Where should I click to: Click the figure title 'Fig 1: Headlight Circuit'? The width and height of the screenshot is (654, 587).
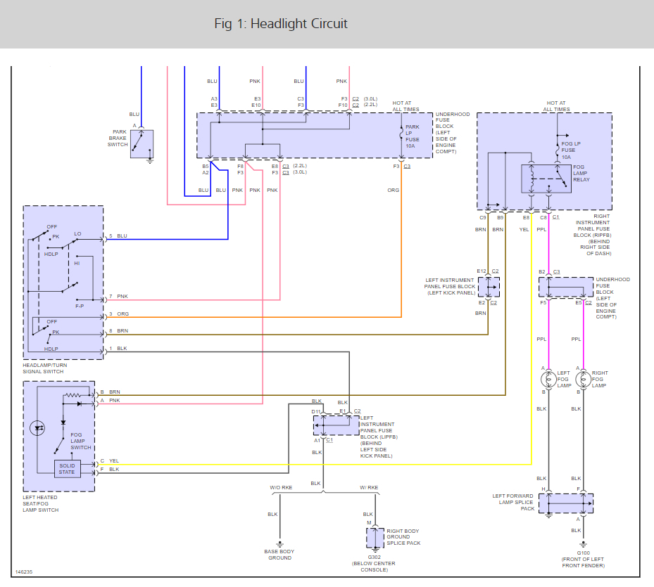(281, 24)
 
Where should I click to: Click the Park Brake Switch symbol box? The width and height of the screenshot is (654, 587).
(142, 144)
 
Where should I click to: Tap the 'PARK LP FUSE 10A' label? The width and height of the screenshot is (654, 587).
(412, 136)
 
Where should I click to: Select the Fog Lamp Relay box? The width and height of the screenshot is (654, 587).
(546, 179)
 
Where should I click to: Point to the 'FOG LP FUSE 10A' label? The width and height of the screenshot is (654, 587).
(571, 150)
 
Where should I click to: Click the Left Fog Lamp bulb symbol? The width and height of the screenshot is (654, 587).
(548, 380)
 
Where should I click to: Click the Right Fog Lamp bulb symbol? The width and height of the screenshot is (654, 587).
(583, 380)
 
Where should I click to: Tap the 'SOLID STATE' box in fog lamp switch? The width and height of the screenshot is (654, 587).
(67, 469)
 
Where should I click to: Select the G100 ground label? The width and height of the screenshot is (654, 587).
(583, 553)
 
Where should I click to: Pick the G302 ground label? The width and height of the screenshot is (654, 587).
(374, 557)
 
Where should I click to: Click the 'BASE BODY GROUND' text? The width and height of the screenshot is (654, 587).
(279, 555)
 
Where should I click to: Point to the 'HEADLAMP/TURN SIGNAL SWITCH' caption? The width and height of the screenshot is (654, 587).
(44, 368)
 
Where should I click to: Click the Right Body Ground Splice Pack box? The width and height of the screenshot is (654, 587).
(375, 538)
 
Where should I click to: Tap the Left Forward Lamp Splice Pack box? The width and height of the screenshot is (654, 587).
(566, 503)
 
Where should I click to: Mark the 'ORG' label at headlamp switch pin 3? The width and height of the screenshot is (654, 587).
(122, 314)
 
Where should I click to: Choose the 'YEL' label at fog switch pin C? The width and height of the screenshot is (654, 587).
(114, 460)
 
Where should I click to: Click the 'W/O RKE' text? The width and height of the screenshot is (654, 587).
(281, 487)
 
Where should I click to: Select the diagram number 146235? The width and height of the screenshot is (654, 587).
(24, 572)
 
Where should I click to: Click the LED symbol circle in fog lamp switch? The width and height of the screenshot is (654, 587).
(37, 428)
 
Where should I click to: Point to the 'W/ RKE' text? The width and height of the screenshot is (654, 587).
(369, 487)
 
